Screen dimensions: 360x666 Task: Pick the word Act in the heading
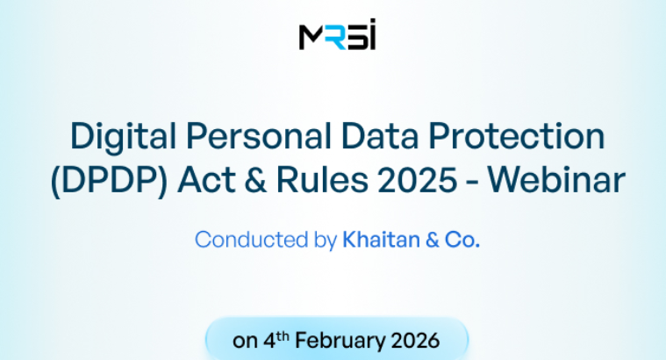pyautogui.click(x=203, y=181)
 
